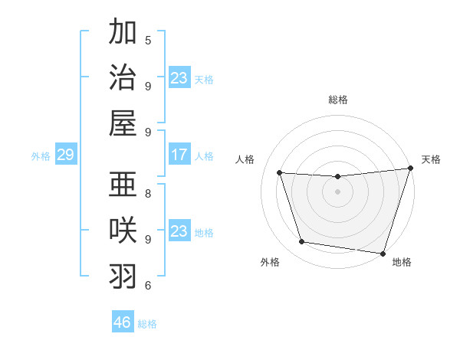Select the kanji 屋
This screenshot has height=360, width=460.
click(123, 123)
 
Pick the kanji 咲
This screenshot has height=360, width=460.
click(123, 231)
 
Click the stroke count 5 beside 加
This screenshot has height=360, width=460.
click(148, 40)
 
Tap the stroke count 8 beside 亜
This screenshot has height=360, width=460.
click(148, 193)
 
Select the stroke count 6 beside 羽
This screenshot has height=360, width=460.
click(148, 285)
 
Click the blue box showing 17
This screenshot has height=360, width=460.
click(179, 155)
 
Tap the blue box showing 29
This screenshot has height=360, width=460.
click(65, 155)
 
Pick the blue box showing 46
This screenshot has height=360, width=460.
click(122, 322)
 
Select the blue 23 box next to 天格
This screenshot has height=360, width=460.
click(179, 77)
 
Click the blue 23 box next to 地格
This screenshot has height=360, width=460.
click(179, 231)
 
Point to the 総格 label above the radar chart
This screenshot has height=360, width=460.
click(338, 100)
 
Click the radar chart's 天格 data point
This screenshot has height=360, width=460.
click(410, 169)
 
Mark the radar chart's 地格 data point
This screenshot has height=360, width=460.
click(383, 253)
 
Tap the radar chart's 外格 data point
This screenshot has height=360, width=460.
click(302, 242)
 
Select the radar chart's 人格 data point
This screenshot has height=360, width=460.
click(280, 173)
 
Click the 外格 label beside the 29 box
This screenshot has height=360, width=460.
click(41, 155)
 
